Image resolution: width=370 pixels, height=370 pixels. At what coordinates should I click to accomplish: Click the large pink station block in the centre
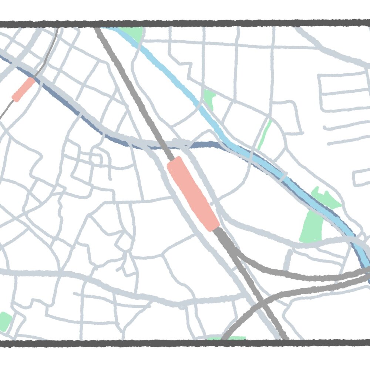pyautogui.click(x=193, y=194)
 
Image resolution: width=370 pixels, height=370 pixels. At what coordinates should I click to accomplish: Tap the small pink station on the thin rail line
pyautogui.click(x=23, y=89)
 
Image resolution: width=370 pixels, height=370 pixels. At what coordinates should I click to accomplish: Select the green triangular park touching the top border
pyautogui.click(x=132, y=33)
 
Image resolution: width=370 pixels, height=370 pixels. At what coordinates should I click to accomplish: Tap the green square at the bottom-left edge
pyautogui.click(x=5, y=321)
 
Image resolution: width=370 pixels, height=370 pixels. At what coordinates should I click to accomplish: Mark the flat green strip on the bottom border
pyautogui.click(x=226, y=338)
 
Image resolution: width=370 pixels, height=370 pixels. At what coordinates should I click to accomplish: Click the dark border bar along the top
pyautogui.click(x=185, y=24)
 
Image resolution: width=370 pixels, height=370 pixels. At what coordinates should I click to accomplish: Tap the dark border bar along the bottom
pyautogui.click(x=185, y=343)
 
